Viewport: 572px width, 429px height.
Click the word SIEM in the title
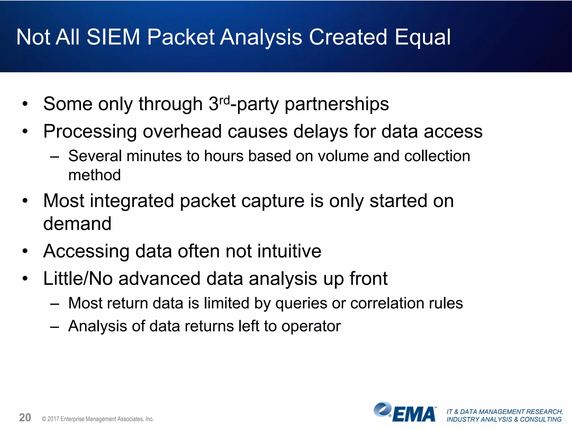(x=113, y=37)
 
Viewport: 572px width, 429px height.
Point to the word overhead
(x=182, y=132)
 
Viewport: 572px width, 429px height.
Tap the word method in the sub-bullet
(x=94, y=175)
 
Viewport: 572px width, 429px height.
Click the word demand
(x=77, y=224)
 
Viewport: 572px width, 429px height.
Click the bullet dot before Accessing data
(x=25, y=251)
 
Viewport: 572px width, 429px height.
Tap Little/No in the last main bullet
(x=78, y=279)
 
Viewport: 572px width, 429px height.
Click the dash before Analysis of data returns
(x=55, y=326)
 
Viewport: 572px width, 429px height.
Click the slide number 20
(x=25, y=418)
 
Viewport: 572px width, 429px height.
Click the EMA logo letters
(x=414, y=414)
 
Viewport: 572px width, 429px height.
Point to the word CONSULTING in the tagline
(x=540, y=420)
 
